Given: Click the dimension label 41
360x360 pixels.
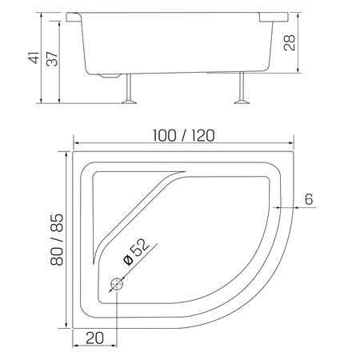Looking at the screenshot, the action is (34, 58).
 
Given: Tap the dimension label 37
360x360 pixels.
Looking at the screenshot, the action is (52, 58).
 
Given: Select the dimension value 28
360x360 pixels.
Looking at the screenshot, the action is (290, 42).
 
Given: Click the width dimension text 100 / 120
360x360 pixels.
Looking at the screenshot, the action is (183, 136).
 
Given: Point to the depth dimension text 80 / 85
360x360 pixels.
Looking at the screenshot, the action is (57, 239).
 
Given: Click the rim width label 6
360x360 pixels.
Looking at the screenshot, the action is (309, 199).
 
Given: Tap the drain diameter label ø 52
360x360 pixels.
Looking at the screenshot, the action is (136, 252).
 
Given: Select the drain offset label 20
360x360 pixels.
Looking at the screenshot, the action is (94, 338).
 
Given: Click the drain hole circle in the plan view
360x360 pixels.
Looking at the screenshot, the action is (117, 285).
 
